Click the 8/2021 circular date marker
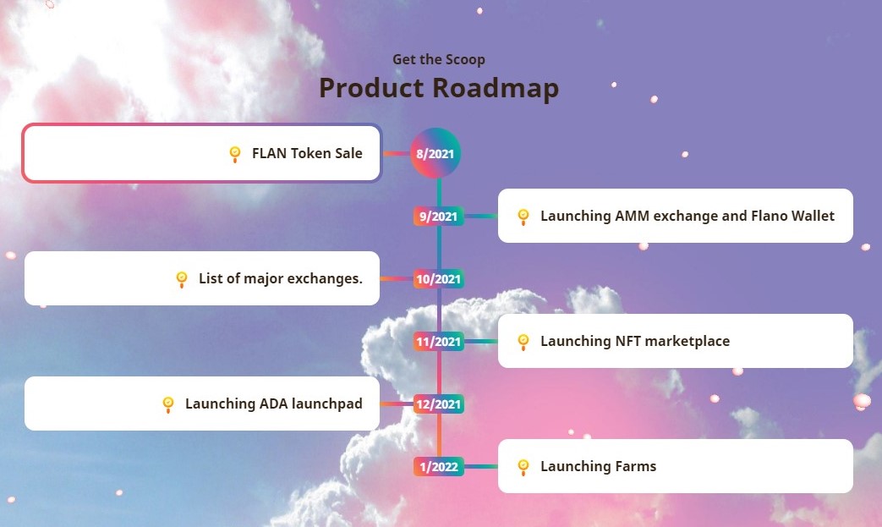tap(436, 153)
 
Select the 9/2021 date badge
tap(439, 216)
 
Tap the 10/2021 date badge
tap(439, 278)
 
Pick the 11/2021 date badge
tap(439, 342)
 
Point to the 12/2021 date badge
tap(439, 403)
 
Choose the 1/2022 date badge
tap(439, 466)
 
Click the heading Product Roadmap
tap(439, 88)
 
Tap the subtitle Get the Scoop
tap(439, 59)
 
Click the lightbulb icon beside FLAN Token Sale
tap(235, 154)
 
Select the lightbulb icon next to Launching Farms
tap(523, 467)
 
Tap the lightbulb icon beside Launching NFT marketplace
tap(523, 342)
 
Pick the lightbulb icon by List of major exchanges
tap(182, 279)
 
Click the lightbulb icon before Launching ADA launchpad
tap(168, 404)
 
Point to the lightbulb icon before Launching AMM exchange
tap(523, 217)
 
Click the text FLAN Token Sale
tap(307, 153)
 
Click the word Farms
tap(636, 466)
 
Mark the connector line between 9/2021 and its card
tap(481, 216)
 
